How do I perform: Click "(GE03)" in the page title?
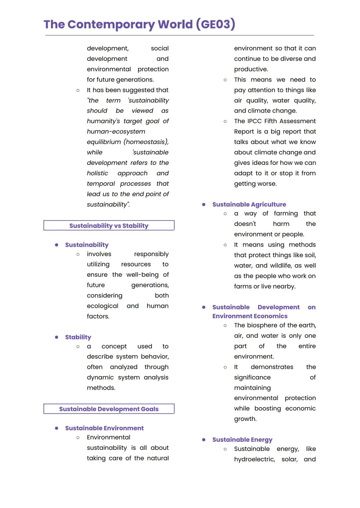[215, 24]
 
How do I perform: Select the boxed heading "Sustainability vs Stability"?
[109, 226]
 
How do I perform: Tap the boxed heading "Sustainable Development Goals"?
[109, 409]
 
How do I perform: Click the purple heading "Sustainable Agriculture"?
[249, 204]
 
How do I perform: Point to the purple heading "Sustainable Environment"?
[104, 428]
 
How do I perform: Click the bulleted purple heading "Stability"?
[78, 337]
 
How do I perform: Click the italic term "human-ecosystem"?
[116, 132]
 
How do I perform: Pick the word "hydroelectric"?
[254, 459]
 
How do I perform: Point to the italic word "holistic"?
[97, 173]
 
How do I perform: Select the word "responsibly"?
[151, 254]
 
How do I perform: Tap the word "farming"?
[286, 213]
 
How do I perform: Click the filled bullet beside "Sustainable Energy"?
[204, 440]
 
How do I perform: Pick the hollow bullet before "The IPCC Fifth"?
[225, 121]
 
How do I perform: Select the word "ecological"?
[103, 306]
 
